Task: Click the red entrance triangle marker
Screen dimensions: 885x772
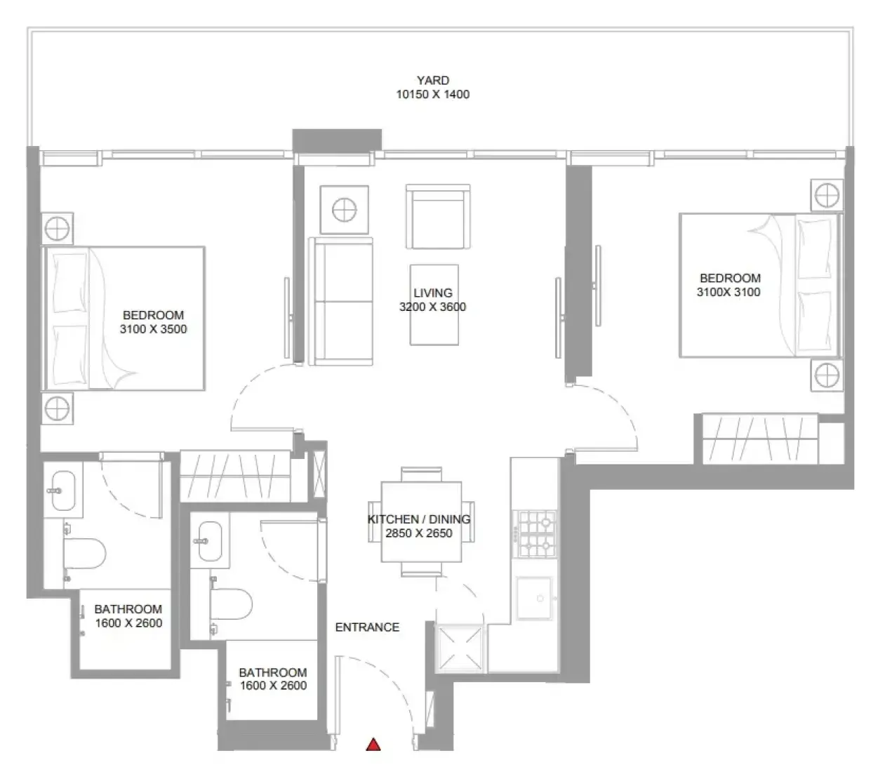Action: pos(373,745)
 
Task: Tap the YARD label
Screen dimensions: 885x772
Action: pos(433,80)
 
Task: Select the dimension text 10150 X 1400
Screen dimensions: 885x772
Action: pos(433,94)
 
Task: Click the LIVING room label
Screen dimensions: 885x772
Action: pos(433,293)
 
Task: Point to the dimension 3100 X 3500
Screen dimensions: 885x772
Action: pos(153,329)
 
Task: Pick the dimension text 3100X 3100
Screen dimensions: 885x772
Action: pos(728,293)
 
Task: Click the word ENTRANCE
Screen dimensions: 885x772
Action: pos(367,627)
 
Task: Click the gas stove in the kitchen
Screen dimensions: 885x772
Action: pos(535,534)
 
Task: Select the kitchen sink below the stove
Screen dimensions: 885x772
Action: pos(535,598)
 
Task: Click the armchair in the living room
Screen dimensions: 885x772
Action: pos(438,217)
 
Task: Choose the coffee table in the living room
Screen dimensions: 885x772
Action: pos(434,305)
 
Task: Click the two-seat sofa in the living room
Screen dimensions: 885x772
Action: pos(341,302)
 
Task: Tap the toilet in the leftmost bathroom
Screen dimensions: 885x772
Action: pos(85,554)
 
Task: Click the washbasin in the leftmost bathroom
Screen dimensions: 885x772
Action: pos(63,491)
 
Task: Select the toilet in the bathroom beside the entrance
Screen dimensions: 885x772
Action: pos(231,604)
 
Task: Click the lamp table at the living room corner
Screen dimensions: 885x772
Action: pos(345,210)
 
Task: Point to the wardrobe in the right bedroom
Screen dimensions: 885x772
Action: pos(760,439)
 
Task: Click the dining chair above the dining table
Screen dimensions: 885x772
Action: pos(421,474)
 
